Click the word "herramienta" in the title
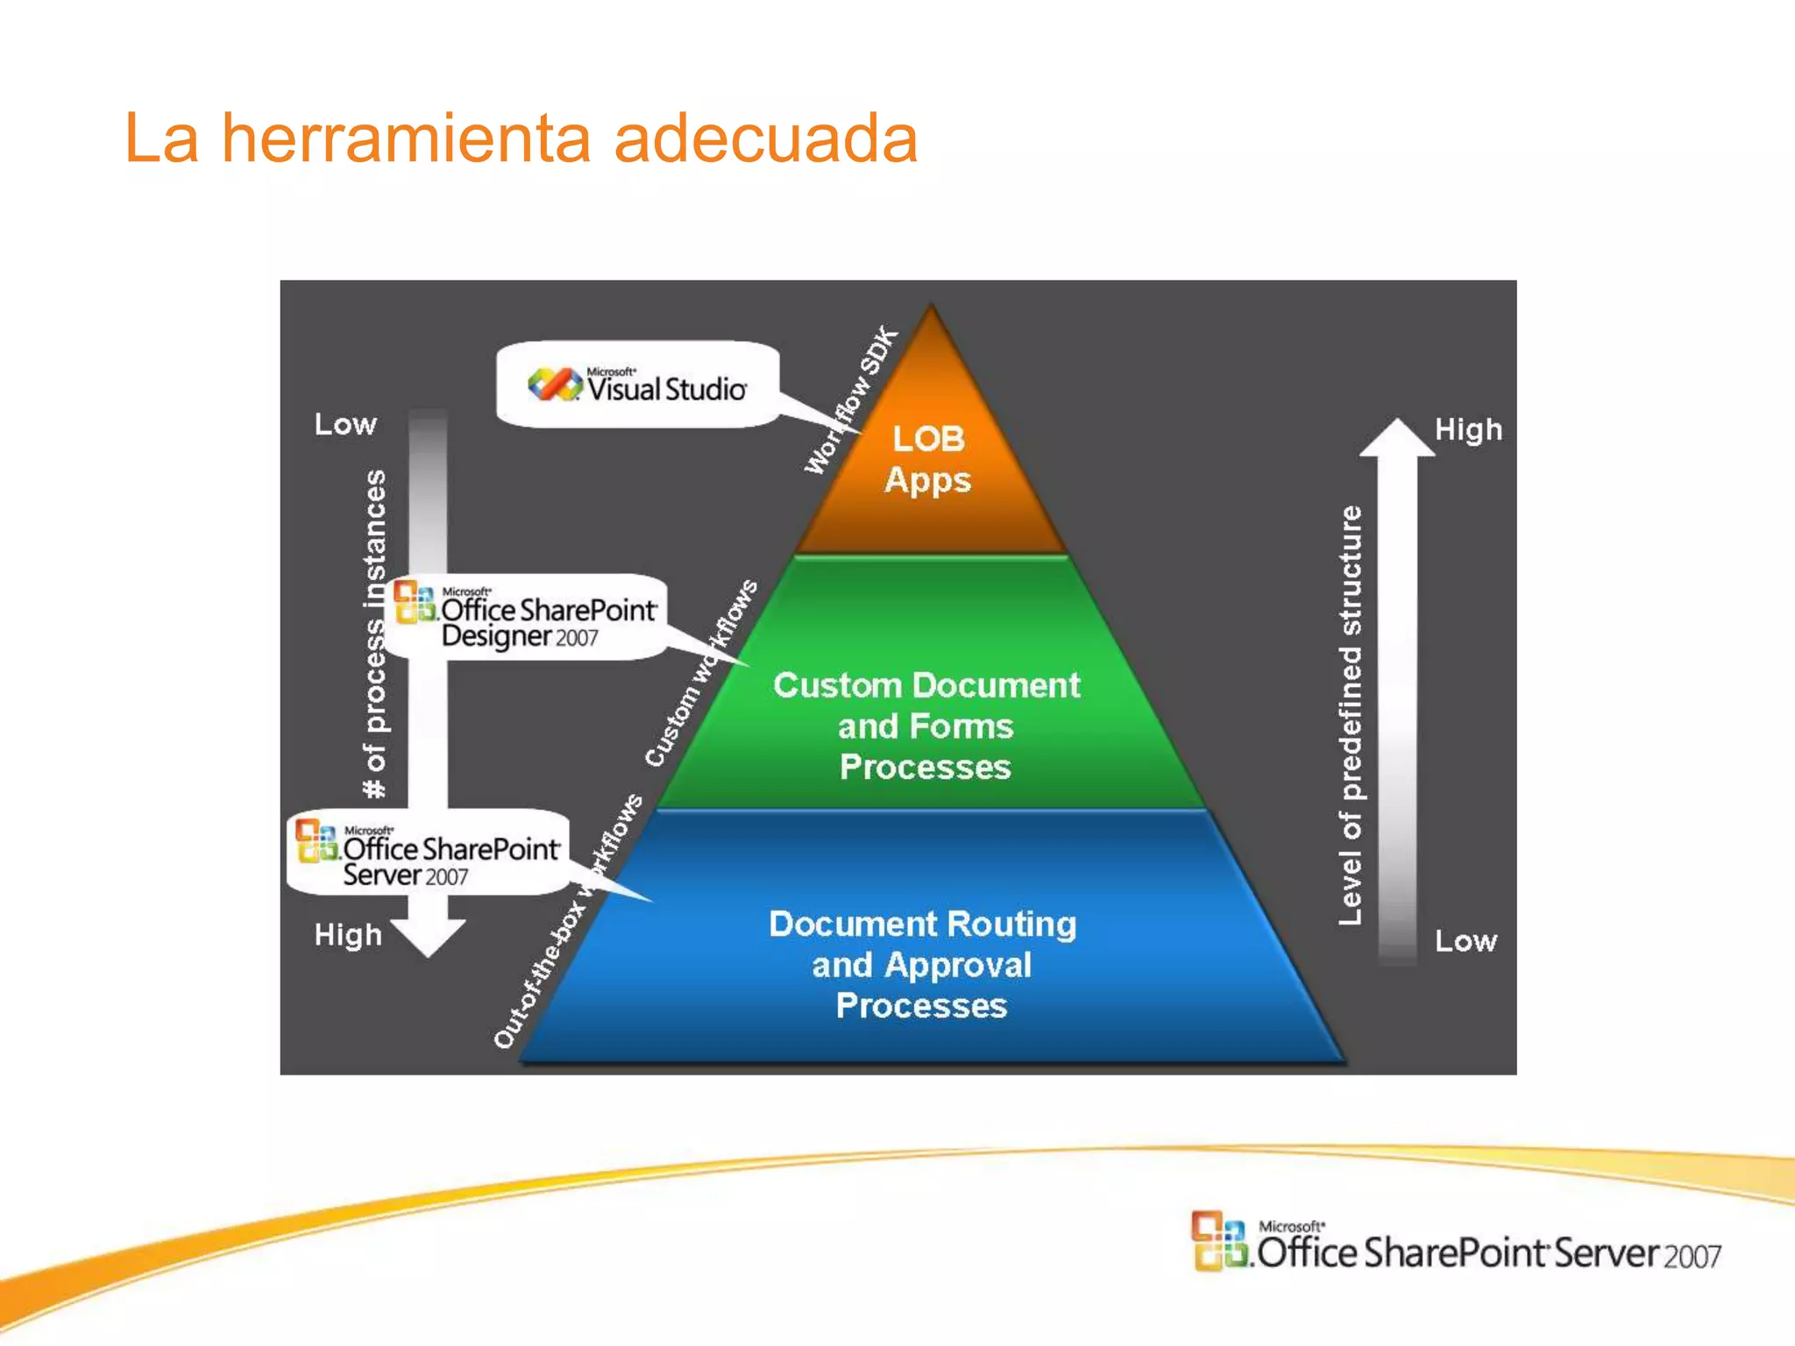(x=406, y=138)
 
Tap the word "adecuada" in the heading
(x=765, y=138)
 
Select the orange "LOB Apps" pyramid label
(x=928, y=459)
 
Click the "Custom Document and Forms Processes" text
(x=926, y=726)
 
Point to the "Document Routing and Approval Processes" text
(x=922, y=964)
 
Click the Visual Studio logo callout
(x=638, y=386)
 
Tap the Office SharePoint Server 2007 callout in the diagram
(x=429, y=853)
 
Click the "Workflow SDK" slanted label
(x=852, y=400)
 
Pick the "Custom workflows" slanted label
(x=701, y=673)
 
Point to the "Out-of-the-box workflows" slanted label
(x=568, y=922)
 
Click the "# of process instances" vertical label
(x=375, y=634)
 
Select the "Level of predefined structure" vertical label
(x=1351, y=715)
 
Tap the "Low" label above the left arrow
(x=345, y=424)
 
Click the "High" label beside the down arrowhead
(x=348, y=935)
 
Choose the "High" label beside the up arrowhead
(x=1468, y=429)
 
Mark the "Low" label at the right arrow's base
(x=1465, y=941)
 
